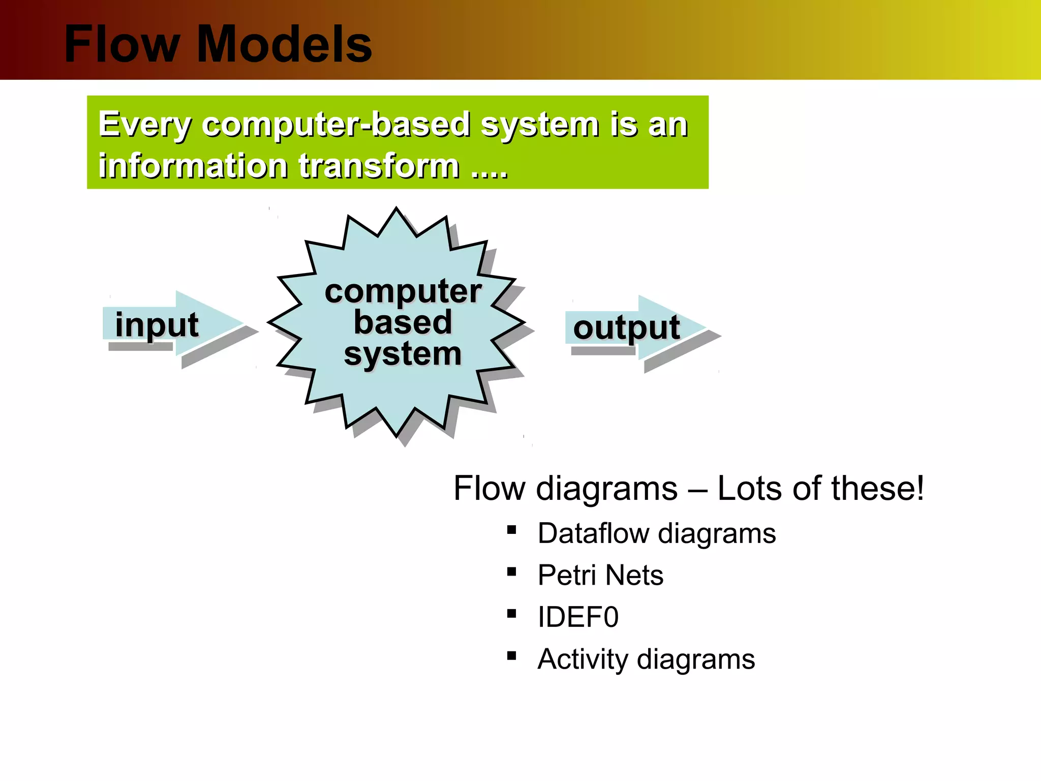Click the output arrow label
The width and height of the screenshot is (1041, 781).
pyautogui.click(x=626, y=327)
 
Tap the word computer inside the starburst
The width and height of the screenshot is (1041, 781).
pyautogui.click(x=403, y=291)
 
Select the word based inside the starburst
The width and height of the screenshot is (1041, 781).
pyautogui.click(x=403, y=322)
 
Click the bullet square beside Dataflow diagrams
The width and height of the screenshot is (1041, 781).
pyautogui.click(x=511, y=530)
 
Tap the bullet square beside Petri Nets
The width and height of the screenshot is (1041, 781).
pyautogui.click(x=511, y=572)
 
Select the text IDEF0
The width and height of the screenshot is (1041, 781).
pyautogui.click(x=578, y=617)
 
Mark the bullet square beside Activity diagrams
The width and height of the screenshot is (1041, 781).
pyautogui.click(x=511, y=656)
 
